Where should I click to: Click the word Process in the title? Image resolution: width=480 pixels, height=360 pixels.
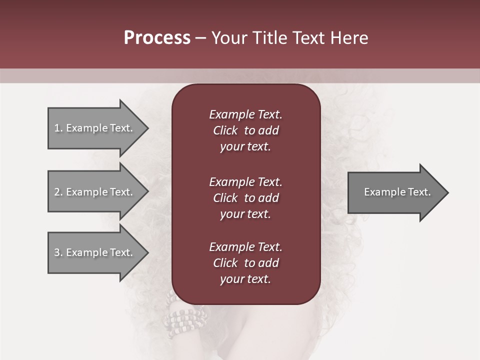pyautogui.click(x=157, y=38)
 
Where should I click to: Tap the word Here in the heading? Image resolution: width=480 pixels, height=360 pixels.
pyautogui.click(x=349, y=38)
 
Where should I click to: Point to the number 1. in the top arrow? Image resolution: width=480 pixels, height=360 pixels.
pyautogui.click(x=58, y=128)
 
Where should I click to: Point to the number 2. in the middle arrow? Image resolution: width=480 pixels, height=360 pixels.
pyautogui.click(x=58, y=192)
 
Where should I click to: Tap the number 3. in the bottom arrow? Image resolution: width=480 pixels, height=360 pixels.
pyautogui.click(x=58, y=252)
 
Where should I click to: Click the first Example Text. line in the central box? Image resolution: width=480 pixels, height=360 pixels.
pyautogui.click(x=245, y=114)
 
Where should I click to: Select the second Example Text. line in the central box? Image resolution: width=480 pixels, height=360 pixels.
pyautogui.click(x=245, y=182)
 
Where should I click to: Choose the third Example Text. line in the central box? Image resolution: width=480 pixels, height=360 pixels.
pyautogui.click(x=245, y=247)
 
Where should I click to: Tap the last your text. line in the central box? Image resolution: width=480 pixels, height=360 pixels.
pyautogui.click(x=245, y=279)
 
